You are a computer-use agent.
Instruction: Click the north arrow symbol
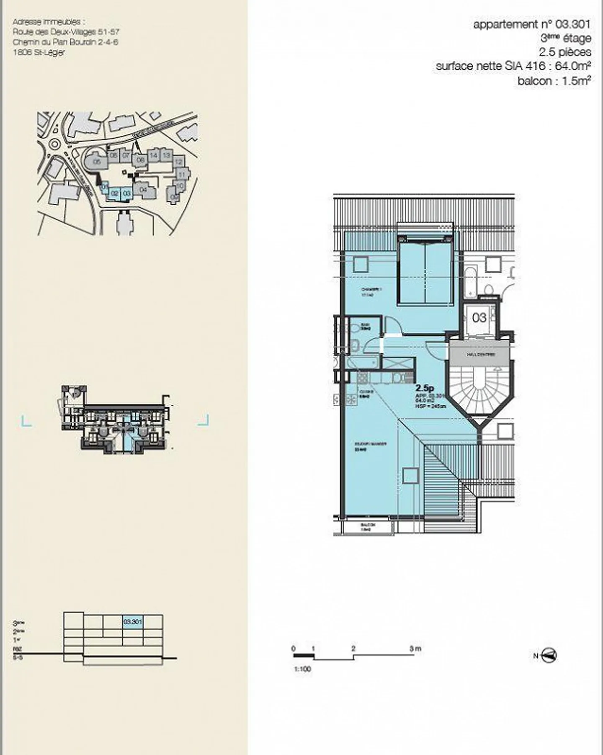coord(549,655)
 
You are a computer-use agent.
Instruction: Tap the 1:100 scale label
coord(302,669)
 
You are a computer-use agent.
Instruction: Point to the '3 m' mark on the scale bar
coord(415,649)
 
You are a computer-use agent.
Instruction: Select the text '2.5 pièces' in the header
coord(565,52)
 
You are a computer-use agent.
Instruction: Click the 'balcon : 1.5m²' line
coord(554,81)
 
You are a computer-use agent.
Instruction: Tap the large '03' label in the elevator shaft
coord(479,317)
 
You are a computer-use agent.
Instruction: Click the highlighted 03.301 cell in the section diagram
coord(132,622)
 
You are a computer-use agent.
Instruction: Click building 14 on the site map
coord(153,155)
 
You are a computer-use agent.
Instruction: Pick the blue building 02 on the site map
coord(114,193)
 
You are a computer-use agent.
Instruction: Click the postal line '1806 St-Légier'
coord(39,52)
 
